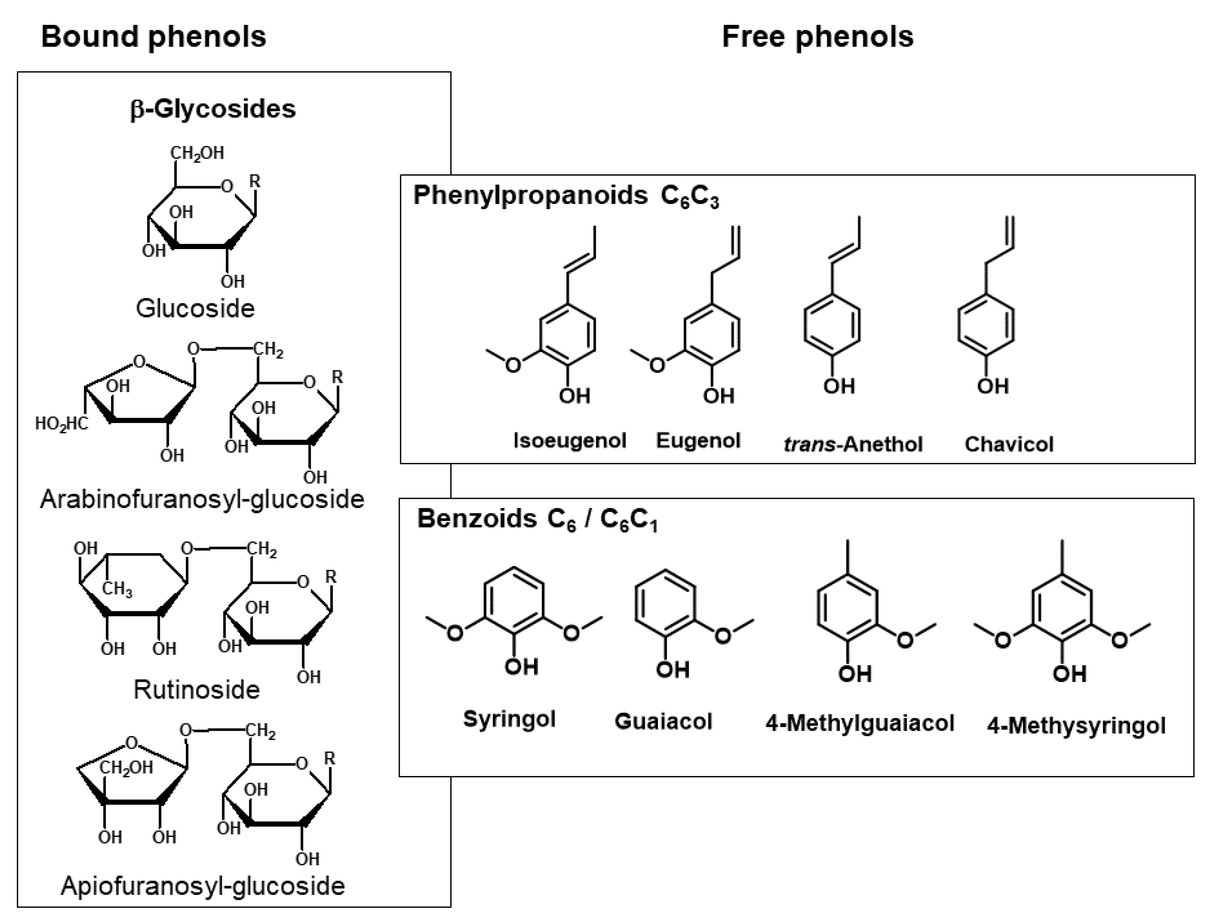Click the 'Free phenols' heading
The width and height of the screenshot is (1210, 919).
tap(818, 37)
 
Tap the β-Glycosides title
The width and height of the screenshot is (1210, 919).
tap(213, 108)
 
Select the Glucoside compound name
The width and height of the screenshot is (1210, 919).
tap(196, 308)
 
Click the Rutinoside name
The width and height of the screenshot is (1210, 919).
tap(197, 690)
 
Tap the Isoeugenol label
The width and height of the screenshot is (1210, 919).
tap(570, 440)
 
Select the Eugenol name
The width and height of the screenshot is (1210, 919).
tap(698, 440)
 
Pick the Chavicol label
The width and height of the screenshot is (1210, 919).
tap(1008, 444)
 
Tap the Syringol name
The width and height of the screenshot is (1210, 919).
tap(509, 718)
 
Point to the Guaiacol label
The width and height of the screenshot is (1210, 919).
tap(663, 721)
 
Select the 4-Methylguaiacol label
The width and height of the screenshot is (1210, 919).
tap(860, 723)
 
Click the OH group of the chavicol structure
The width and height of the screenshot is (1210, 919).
tap(993, 386)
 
